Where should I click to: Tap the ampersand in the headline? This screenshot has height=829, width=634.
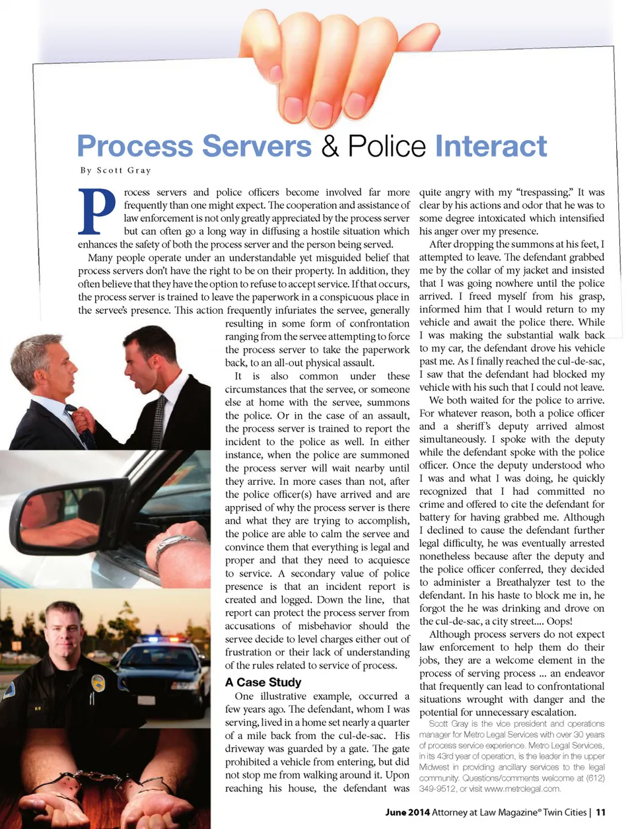pyautogui.click(x=330, y=147)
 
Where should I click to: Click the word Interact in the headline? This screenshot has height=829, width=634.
pyautogui.click(x=491, y=147)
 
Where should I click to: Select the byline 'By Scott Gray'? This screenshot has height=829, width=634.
pyautogui.click(x=116, y=170)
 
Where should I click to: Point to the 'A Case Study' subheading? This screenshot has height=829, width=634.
pyautogui.click(x=263, y=682)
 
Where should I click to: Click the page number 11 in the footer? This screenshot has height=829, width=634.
pyautogui.click(x=600, y=812)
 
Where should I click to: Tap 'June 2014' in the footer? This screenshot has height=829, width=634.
pyautogui.click(x=407, y=812)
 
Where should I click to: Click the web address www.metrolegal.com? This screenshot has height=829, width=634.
pyautogui.click(x=522, y=789)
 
